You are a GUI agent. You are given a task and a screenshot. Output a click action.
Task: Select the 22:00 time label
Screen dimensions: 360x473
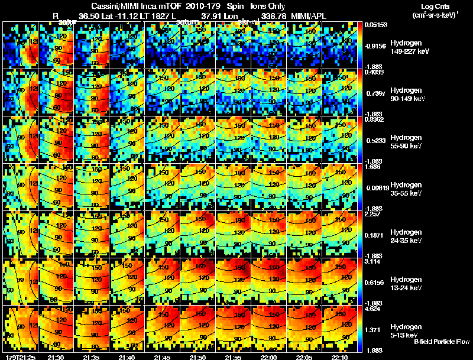[268, 357]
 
